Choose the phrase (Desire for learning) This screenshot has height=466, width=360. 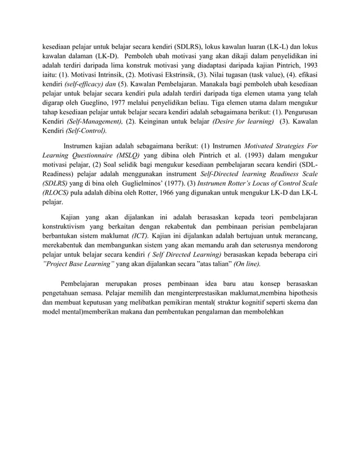tap(242, 121)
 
